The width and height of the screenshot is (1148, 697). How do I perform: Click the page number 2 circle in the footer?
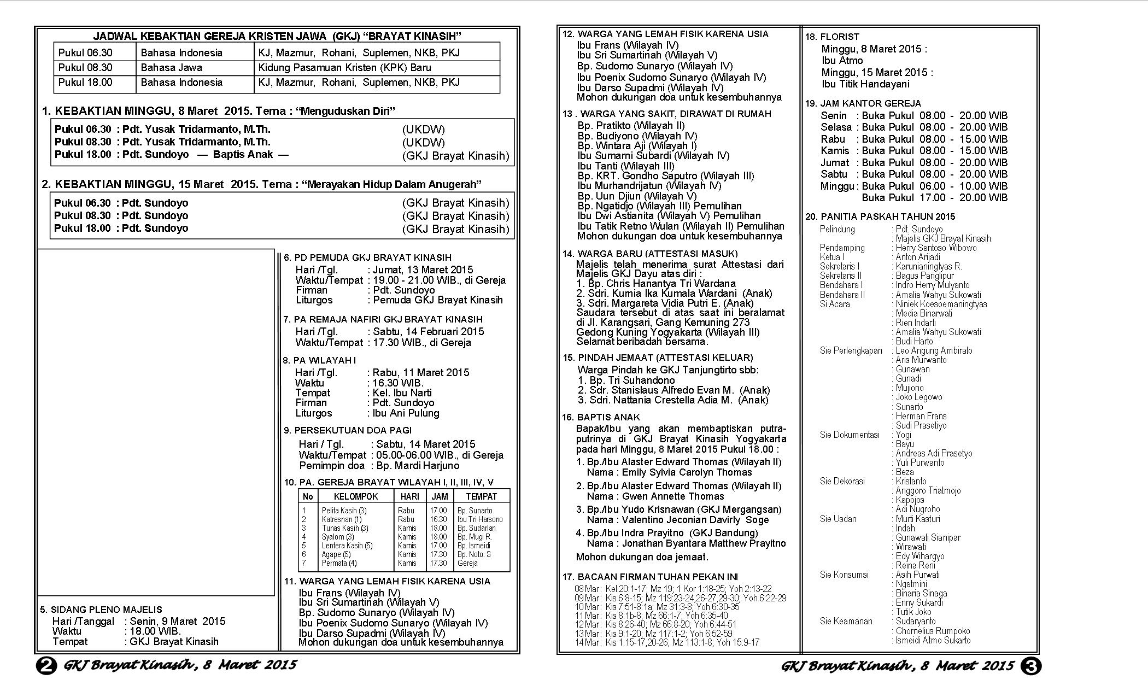[x=46, y=666]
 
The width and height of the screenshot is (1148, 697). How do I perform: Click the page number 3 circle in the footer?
[x=1030, y=666]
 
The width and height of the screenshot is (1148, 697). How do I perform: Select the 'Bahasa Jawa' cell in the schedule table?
[x=171, y=68]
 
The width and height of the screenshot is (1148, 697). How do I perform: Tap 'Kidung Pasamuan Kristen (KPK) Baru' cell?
[x=344, y=68]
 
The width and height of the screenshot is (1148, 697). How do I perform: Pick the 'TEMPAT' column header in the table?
[x=481, y=496]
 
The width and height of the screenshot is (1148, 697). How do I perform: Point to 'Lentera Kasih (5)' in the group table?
[x=347, y=546]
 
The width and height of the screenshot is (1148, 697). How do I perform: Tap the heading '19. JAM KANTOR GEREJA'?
[x=863, y=103]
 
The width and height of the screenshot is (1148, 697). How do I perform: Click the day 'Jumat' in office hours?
[x=834, y=162]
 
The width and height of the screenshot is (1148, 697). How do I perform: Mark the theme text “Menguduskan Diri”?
[x=345, y=112]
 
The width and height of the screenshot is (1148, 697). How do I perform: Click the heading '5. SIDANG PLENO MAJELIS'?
[x=101, y=610]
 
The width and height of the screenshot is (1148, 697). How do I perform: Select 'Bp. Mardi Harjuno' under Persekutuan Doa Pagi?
[x=415, y=466]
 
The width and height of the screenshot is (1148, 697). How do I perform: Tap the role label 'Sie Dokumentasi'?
[x=850, y=435]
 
